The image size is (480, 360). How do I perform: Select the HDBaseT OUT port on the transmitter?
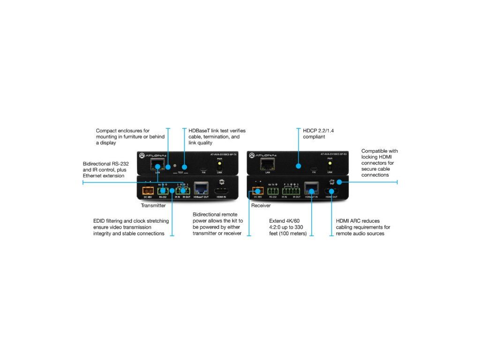(201, 190)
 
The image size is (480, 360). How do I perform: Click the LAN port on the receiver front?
(268, 164)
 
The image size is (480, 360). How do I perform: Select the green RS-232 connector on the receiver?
(273, 191)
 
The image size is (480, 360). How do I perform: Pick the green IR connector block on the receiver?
(291, 191)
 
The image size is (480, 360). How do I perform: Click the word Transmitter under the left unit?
(153, 205)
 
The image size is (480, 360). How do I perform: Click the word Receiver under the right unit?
(261, 205)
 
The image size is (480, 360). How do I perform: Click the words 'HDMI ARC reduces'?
(358, 220)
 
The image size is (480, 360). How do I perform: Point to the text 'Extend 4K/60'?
(285, 220)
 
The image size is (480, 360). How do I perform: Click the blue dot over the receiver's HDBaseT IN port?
(311, 191)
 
